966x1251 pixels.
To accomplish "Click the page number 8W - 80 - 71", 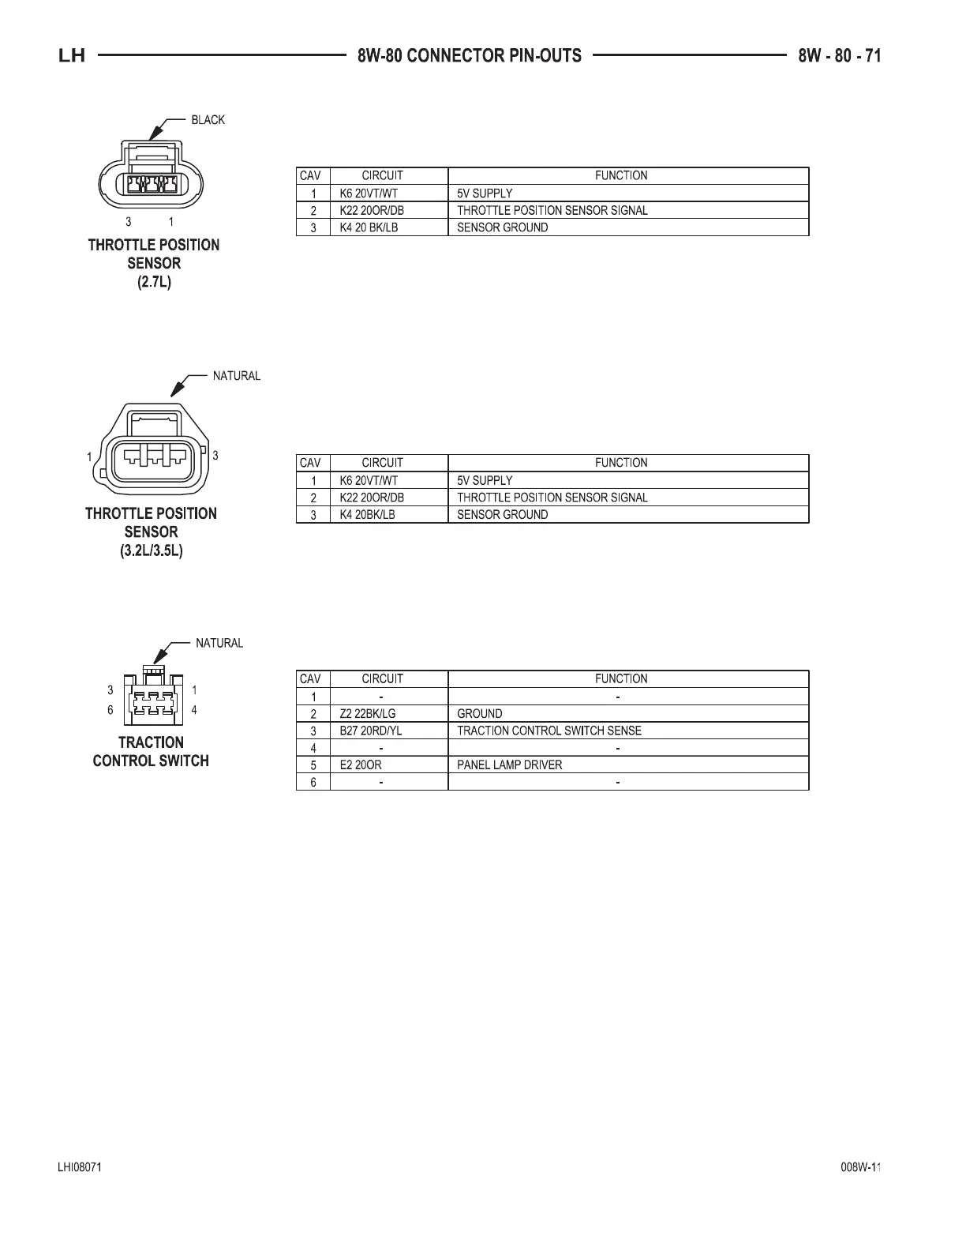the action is tap(839, 55).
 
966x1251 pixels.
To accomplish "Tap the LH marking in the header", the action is tap(72, 56).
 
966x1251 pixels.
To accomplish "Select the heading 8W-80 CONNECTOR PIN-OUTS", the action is tap(469, 55).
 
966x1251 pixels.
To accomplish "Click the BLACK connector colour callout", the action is tap(208, 120).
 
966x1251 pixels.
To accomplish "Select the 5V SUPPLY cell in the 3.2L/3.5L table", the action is tap(485, 480).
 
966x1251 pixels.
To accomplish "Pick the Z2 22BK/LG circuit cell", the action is tap(368, 713).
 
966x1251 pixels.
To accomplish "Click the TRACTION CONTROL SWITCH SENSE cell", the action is tap(549, 731).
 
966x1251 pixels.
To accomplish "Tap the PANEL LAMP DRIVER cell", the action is tap(510, 764).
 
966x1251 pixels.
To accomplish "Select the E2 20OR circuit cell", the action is tap(361, 764).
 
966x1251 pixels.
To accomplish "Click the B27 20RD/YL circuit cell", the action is tap(370, 731).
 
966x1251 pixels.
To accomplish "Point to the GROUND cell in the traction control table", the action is tap(480, 713).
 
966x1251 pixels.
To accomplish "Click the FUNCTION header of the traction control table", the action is tap(621, 678).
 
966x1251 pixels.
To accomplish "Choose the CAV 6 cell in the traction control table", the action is tap(313, 782).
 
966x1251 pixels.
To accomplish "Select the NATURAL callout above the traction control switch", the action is tap(219, 643).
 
